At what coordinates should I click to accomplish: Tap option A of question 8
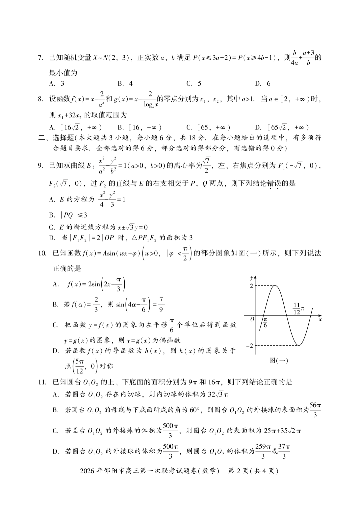[x=75, y=127]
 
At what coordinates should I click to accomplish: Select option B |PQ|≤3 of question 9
[x=68, y=215]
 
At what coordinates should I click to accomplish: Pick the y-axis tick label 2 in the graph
[x=251, y=286]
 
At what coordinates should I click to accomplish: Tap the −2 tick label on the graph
[x=250, y=346]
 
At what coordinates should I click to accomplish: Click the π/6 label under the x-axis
[x=265, y=323]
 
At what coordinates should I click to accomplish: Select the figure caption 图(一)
[x=278, y=360]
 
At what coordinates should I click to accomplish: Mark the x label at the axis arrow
[x=320, y=320]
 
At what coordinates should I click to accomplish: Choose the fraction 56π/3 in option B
[x=315, y=410]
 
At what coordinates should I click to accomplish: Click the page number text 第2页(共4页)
[x=253, y=471]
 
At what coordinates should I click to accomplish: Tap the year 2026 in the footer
[x=87, y=471]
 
